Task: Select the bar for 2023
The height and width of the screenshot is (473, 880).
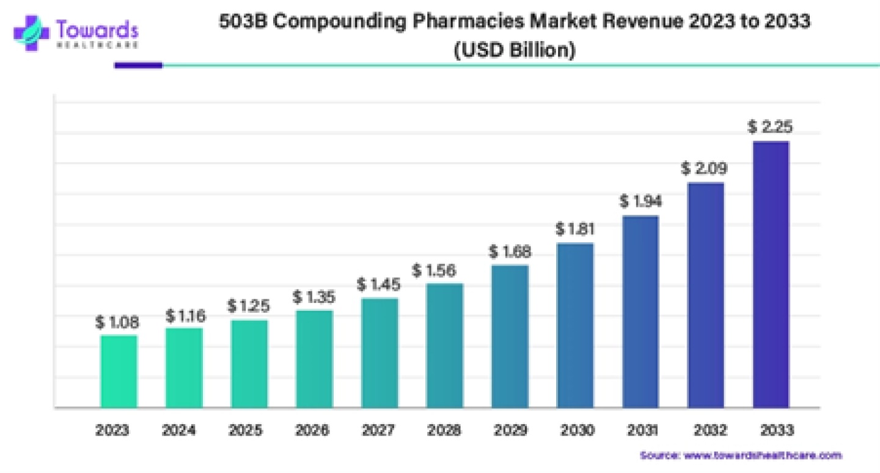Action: (x=119, y=371)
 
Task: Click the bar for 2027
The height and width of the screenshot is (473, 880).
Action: (x=380, y=352)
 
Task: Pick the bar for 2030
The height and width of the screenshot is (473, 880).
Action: (x=575, y=325)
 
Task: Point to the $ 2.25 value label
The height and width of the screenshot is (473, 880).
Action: (x=770, y=127)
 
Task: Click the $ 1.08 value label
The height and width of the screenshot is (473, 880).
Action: (x=117, y=322)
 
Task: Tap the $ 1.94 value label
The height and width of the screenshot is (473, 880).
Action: (x=640, y=201)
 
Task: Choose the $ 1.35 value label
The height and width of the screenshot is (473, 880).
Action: (x=314, y=297)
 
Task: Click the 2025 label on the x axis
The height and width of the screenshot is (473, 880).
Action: (x=249, y=430)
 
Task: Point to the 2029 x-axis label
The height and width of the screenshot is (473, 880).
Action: (x=510, y=430)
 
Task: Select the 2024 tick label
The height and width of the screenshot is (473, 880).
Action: (x=184, y=430)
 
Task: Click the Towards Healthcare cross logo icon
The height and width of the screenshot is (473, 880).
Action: (x=31, y=33)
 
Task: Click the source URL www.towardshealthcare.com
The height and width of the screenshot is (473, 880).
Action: (x=761, y=455)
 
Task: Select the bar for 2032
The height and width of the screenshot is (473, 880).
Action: (x=706, y=294)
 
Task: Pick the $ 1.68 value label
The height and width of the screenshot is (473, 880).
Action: (x=510, y=251)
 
